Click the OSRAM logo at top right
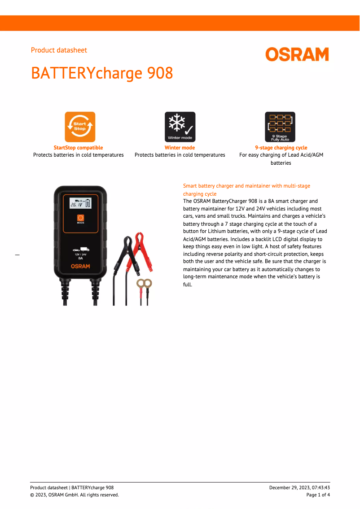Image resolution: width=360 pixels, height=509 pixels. [x=297, y=54]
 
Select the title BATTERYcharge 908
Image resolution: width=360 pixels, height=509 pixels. [x=102, y=73]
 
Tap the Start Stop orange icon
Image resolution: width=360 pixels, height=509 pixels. [x=80, y=127]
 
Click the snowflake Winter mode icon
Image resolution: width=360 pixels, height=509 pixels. [x=180, y=127]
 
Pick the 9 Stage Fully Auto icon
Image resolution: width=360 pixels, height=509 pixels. [x=280, y=127]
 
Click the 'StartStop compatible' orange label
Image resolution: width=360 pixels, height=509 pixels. [x=78, y=148]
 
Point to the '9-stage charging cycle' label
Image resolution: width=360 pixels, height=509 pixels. [x=281, y=148]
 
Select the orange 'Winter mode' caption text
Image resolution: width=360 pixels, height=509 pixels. [x=180, y=148]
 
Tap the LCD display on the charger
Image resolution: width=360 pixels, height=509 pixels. [x=80, y=204]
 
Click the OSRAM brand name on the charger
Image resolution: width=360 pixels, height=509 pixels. [x=80, y=266]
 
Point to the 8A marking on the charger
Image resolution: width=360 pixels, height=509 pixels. [x=80, y=259]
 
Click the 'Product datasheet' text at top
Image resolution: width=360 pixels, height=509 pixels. [x=59, y=50]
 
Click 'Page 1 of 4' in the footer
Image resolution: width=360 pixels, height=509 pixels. [x=318, y=495]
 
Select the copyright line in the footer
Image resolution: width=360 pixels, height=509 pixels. [x=75, y=495]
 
